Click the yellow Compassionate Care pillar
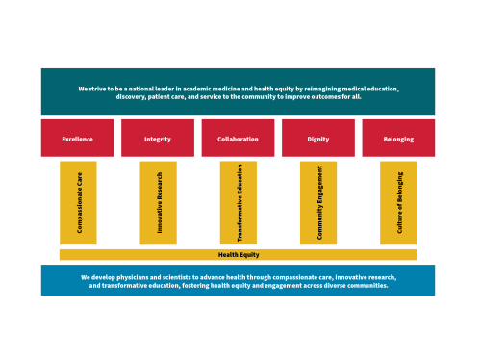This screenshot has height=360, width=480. point(78,203)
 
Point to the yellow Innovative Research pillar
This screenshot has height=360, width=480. point(158,203)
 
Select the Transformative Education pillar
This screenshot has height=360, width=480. point(238,203)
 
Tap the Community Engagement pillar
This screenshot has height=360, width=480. point(318,203)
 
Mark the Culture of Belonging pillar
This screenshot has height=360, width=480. point(398,203)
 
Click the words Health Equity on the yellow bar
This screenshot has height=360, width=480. point(238,255)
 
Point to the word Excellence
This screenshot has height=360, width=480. point(77,140)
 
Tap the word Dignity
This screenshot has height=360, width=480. point(317,140)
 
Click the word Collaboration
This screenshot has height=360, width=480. point(238,140)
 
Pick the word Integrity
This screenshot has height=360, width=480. point(158,140)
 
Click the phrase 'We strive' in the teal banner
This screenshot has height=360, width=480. point(92,89)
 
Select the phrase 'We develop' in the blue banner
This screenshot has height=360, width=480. point(97,277)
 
